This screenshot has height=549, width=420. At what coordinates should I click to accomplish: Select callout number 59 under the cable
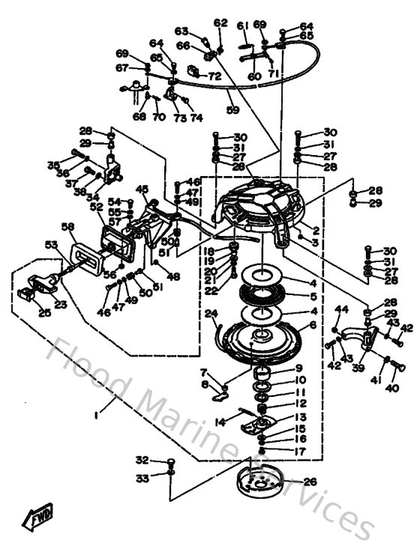tap(232, 110)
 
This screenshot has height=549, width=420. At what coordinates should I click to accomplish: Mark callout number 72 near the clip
tap(214, 76)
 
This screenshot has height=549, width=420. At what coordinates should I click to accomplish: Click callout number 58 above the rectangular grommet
tap(67, 227)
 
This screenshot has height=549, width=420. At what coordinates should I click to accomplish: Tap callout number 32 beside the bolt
tap(142, 460)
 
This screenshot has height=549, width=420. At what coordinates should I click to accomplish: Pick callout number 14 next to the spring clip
tap(220, 422)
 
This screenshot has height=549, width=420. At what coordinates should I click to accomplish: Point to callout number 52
tap(96, 207)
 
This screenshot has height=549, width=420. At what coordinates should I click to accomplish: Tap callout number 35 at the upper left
tap(53, 165)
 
